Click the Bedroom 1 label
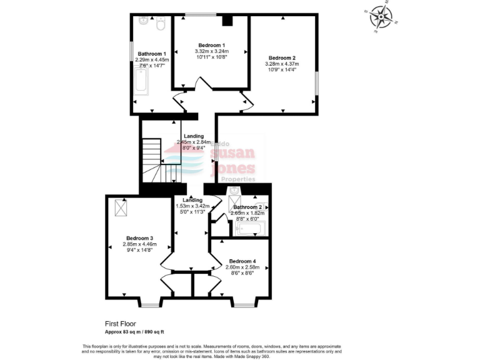(211, 46)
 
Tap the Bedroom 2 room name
(283, 57)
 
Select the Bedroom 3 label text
(139, 238)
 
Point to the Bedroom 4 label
(241, 261)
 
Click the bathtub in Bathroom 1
(141, 81)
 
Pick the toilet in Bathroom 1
(160, 24)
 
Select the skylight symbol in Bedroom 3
(121, 205)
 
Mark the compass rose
(379, 17)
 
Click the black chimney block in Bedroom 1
(227, 20)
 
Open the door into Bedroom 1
(199, 84)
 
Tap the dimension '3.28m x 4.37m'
(283, 64)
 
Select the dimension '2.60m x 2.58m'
(241, 267)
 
